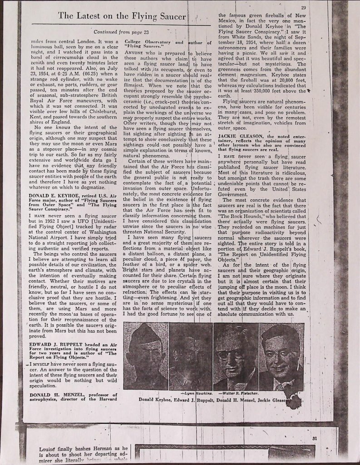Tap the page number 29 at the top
coord(303,8)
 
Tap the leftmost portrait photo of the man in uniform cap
coord(146,356)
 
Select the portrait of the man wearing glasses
coord(236,356)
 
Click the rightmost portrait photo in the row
coord(281,356)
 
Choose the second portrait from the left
coord(191,356)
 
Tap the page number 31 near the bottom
coord(314,438)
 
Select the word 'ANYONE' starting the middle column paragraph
coord(134,53)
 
